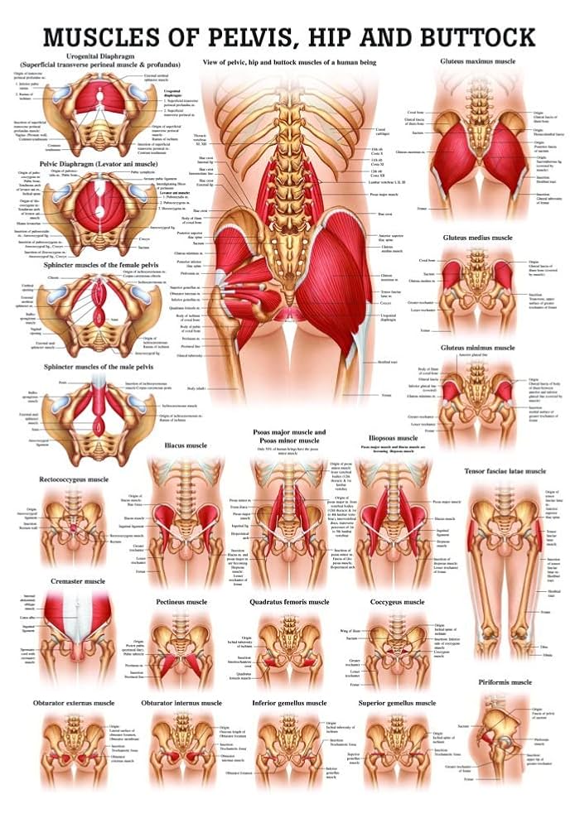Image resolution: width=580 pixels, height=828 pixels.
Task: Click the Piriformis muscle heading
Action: click(505, 682)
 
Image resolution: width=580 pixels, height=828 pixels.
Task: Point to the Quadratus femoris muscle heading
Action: click(289, 602)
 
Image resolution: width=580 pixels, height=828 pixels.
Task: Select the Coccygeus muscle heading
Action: click(397, 602)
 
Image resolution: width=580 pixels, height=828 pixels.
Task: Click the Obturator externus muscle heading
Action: click(74, 703)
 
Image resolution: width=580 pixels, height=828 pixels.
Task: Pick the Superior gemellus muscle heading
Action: click(397, 703)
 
